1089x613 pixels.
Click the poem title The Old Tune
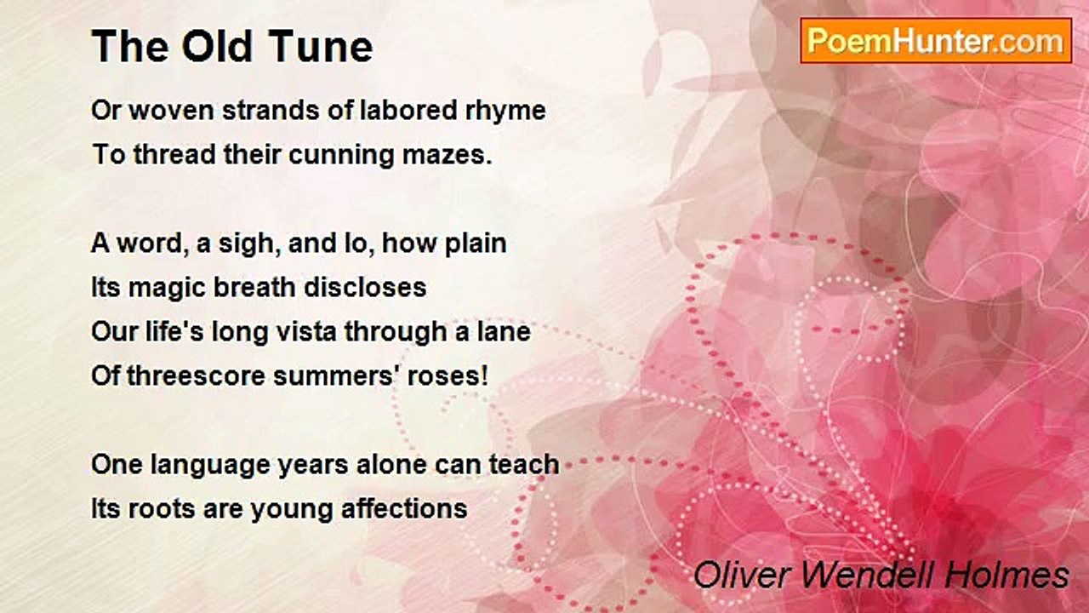(x=231, y=47)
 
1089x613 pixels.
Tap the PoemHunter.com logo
(x=936, y=40)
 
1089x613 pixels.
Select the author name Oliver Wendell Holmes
(x=881, y=575)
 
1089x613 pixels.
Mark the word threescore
(x=196, y=375)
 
